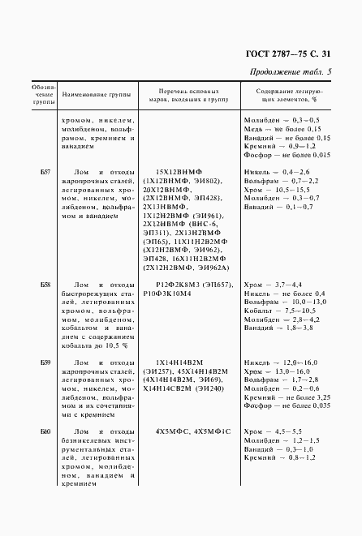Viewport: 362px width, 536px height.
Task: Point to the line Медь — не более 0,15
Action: (x=283, y=128)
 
